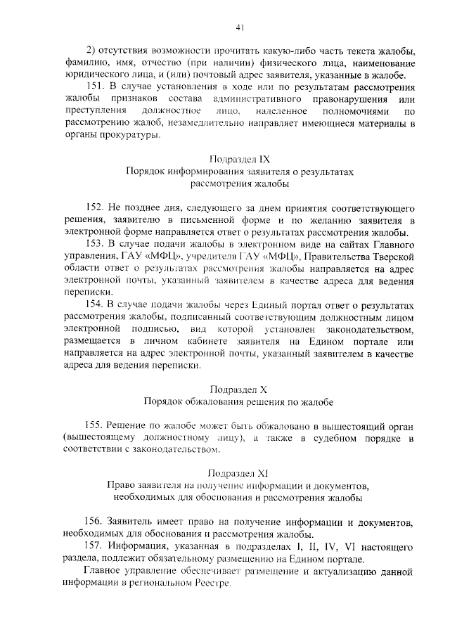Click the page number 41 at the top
240,27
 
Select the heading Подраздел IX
240,160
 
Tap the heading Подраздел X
240,389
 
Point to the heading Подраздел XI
240,473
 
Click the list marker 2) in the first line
91,49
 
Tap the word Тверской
392,257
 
